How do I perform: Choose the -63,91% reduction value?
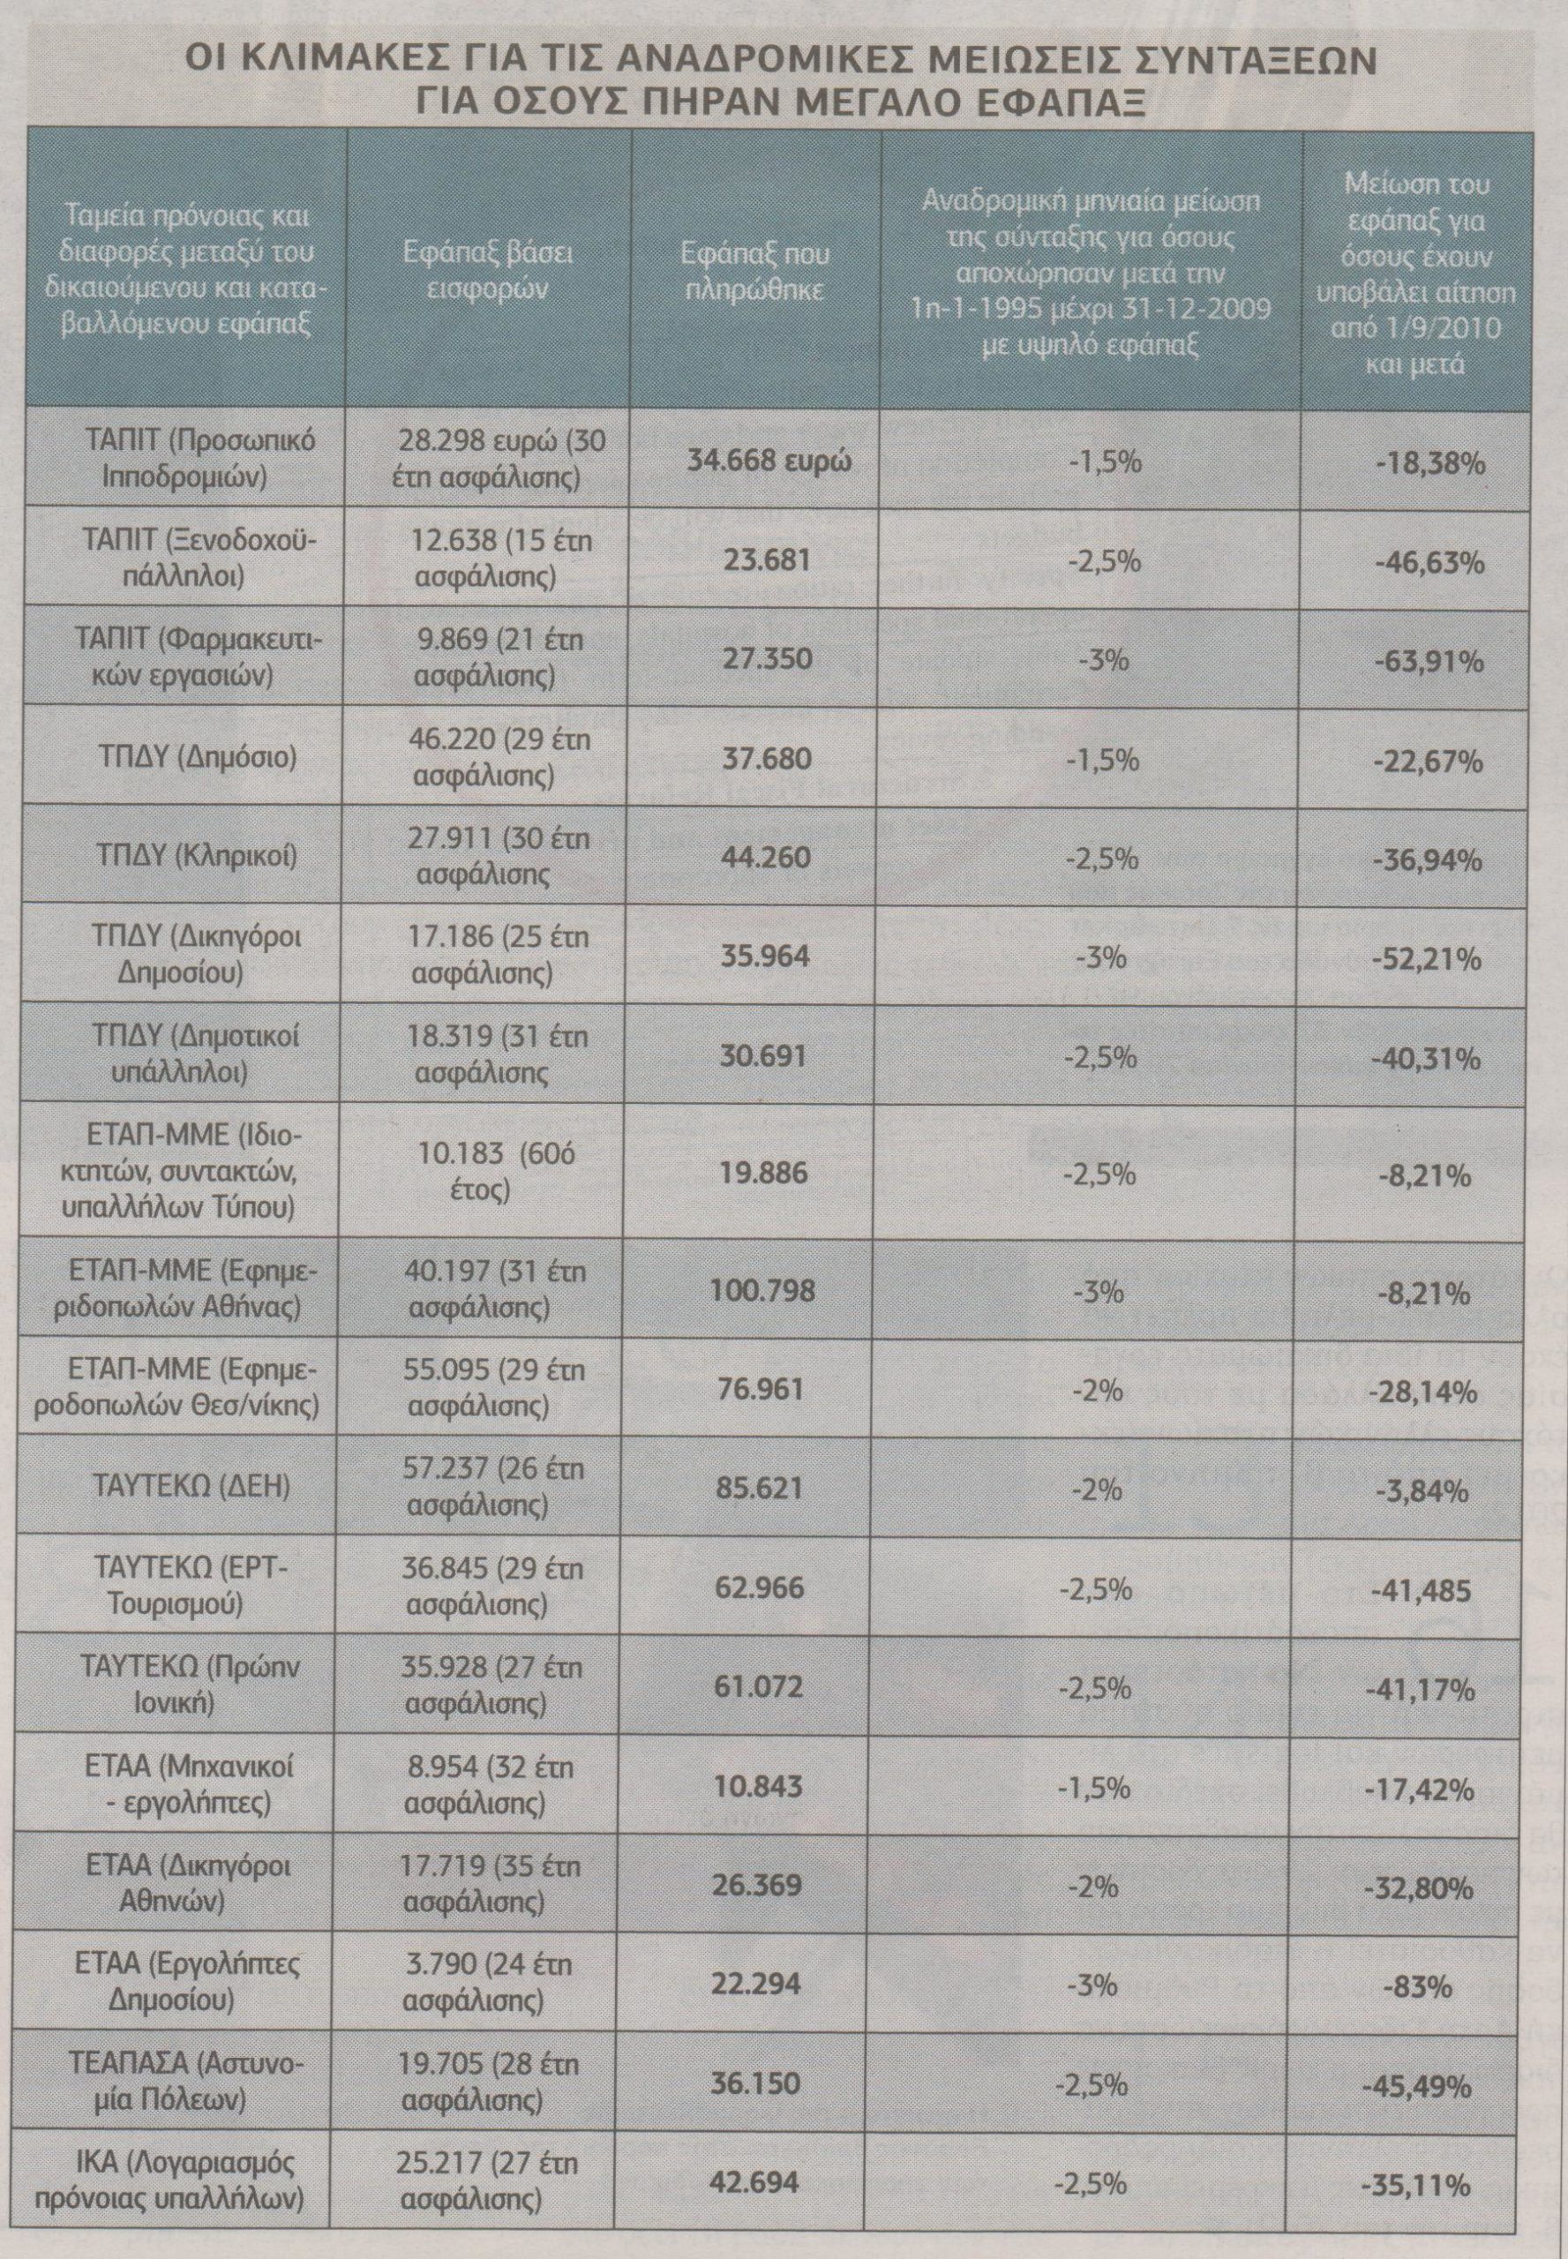coord(1428,661)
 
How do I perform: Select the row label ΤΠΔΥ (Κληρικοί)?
coord(194,857)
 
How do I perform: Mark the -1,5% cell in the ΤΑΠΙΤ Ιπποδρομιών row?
coord(1104,462)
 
